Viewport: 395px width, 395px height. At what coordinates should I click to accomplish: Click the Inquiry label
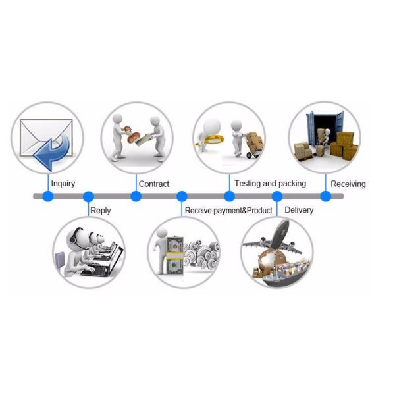click(x=63, y=183)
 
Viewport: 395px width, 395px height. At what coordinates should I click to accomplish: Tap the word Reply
click(x=101, y=211)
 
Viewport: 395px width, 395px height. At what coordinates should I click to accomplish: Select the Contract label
click(x=154, y=184)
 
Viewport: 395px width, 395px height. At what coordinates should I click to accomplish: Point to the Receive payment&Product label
click(x=228, y=211)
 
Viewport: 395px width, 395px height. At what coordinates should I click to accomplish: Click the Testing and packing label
click(x=271, y=183)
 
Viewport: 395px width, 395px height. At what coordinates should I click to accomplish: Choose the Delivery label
click(x=299, y=210)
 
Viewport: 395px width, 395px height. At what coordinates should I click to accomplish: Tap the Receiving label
click(x=348, y=184)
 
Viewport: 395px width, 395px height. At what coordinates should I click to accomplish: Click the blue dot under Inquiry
click(x=47, y=196)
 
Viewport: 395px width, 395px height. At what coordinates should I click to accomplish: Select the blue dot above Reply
click(x=88, y=196)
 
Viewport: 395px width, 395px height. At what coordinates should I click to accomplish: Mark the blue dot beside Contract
click(x=136, y=196)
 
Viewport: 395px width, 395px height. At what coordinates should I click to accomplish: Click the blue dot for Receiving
click(x=325, y=196)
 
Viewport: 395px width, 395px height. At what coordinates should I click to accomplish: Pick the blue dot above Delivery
click(x=277, y=196)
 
